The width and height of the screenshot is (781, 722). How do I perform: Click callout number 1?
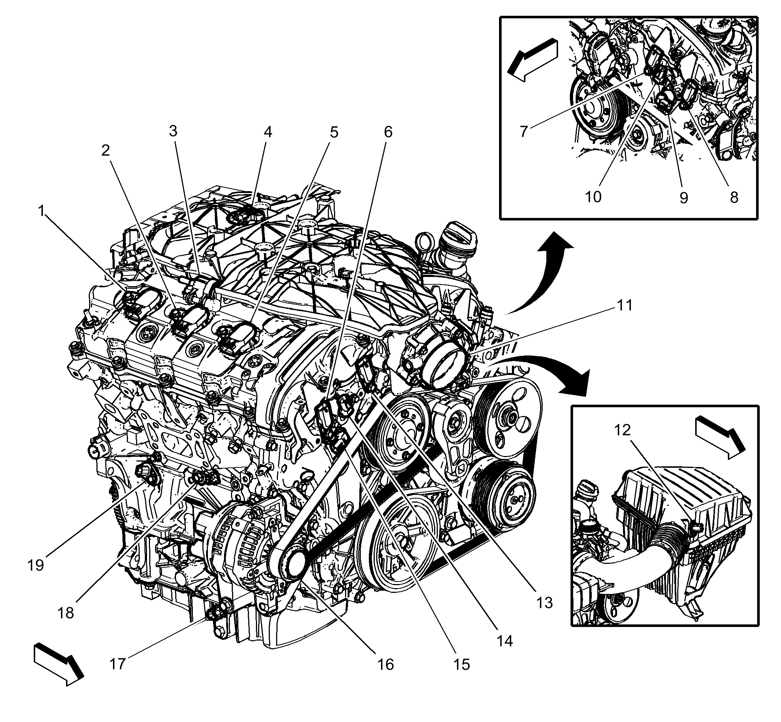[x=41, y=211]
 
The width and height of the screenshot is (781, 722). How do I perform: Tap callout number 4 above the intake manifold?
[x=268, y=132]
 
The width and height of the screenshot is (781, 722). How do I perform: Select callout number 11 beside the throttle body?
[x=624, y=305]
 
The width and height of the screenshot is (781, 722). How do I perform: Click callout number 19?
[x=36, y=565]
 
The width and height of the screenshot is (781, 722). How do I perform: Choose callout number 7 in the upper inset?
[x=524, y=132]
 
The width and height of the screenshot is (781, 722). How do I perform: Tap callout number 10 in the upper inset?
[x=593, y=197]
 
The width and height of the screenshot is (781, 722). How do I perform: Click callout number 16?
[x=386, y=664]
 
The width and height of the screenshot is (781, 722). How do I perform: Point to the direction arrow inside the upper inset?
[x=532, y=59]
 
